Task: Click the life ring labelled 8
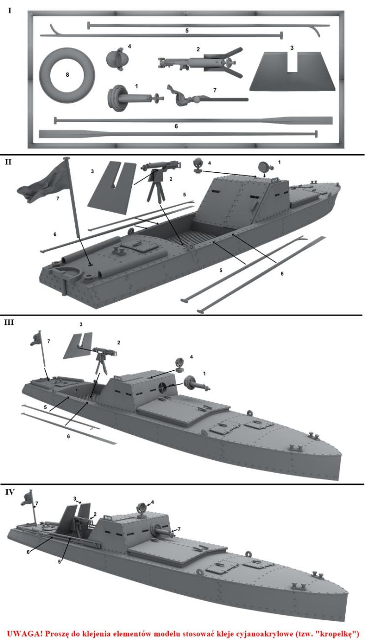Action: (67, 74)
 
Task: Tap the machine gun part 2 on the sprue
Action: (199, 62)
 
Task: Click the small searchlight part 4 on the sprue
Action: (118, 59)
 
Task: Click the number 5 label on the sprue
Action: (187, 31)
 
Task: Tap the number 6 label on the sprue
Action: (176, 127)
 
